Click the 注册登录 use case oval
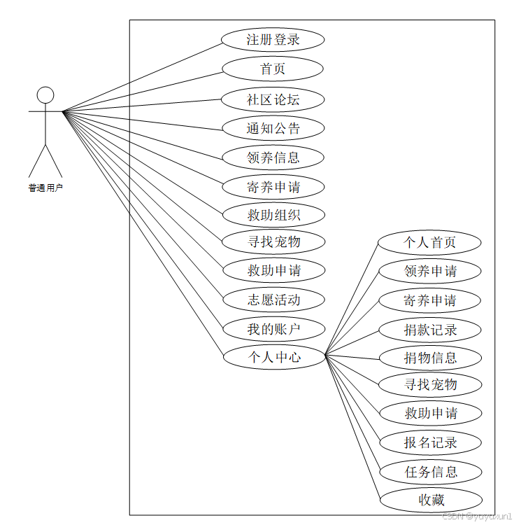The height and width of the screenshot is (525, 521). (273, 40)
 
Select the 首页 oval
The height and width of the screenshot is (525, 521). (273, 69)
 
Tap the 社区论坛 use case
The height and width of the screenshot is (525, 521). (273, 99)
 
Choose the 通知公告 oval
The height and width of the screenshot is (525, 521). (273, 129)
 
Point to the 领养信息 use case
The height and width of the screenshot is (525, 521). (273, 157)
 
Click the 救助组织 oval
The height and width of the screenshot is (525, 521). (273, 215)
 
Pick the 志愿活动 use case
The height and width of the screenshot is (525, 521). (273, 300)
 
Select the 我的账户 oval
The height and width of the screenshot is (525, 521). (273, 328)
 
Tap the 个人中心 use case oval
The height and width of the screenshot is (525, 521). (273, 357)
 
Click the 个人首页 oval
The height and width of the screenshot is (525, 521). (429, 243)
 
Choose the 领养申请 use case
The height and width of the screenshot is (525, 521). (429, 272)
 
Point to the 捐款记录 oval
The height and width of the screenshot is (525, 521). (429, 330)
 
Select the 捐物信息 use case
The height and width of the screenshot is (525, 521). (429, 358)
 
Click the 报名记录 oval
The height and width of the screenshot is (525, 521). (429, 442)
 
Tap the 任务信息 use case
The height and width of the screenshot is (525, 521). (429, 472)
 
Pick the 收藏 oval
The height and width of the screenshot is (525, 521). (429, 500)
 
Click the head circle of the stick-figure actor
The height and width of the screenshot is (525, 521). (45, 95)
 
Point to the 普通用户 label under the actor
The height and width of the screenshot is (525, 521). (45, 188)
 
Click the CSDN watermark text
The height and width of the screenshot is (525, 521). (479, 516)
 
